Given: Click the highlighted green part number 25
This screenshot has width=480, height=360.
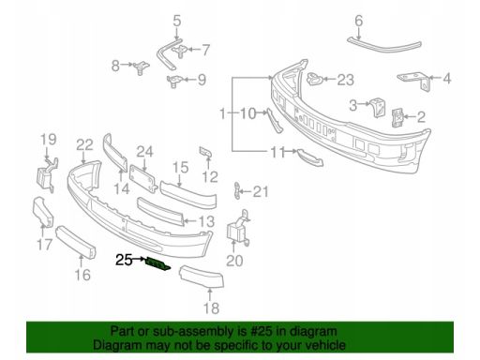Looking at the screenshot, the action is tap(158, 263).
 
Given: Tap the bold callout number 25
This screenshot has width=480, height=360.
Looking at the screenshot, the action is tap(124, 260).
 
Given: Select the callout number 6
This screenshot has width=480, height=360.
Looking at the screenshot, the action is tap(359, 21).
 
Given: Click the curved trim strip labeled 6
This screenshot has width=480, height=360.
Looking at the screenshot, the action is tap(384, 45).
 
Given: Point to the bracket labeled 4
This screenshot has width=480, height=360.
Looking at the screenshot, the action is tap(415, 81).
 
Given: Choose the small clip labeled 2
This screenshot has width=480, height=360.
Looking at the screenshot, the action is tap(397, 117).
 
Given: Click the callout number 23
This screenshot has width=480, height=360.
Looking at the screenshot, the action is tap(345, 80).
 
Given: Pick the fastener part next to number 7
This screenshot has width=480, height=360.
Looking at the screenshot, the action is tap(181, 52).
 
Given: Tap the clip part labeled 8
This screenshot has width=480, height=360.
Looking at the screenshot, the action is tap(142, 67).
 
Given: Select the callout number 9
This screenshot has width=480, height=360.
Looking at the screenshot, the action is tap(202, 80).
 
